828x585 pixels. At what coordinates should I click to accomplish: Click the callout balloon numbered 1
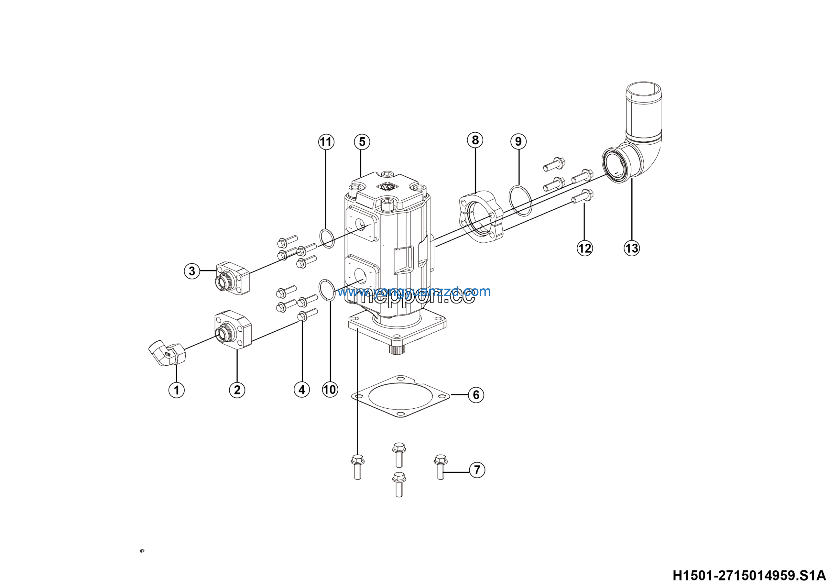point(176,390)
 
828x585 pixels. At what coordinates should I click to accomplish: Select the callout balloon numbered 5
point(362,142)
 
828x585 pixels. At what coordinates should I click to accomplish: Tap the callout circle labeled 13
point(631,248)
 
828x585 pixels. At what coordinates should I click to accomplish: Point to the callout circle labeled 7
point(477,470)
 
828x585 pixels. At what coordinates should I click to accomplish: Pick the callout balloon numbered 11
point(326,142)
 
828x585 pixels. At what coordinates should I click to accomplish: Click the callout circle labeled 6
point(476,394)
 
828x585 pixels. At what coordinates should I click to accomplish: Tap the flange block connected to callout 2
point(232,329)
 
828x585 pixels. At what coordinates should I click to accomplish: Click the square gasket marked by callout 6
point(400,396)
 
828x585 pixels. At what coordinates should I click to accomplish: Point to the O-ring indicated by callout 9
point(520,200)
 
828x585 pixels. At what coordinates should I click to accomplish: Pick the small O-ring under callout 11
point(327,238)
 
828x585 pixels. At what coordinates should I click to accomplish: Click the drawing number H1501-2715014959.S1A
point(749,575)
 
